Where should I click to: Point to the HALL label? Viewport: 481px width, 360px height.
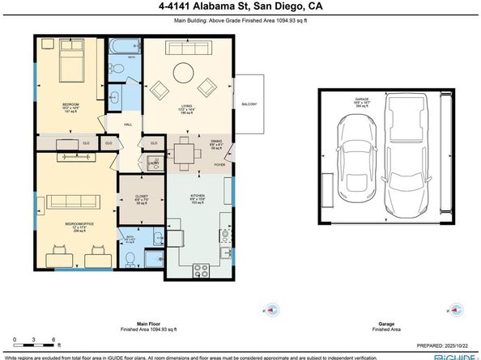click(127, 124)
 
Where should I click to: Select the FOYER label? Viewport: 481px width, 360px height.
click(219, 165)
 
